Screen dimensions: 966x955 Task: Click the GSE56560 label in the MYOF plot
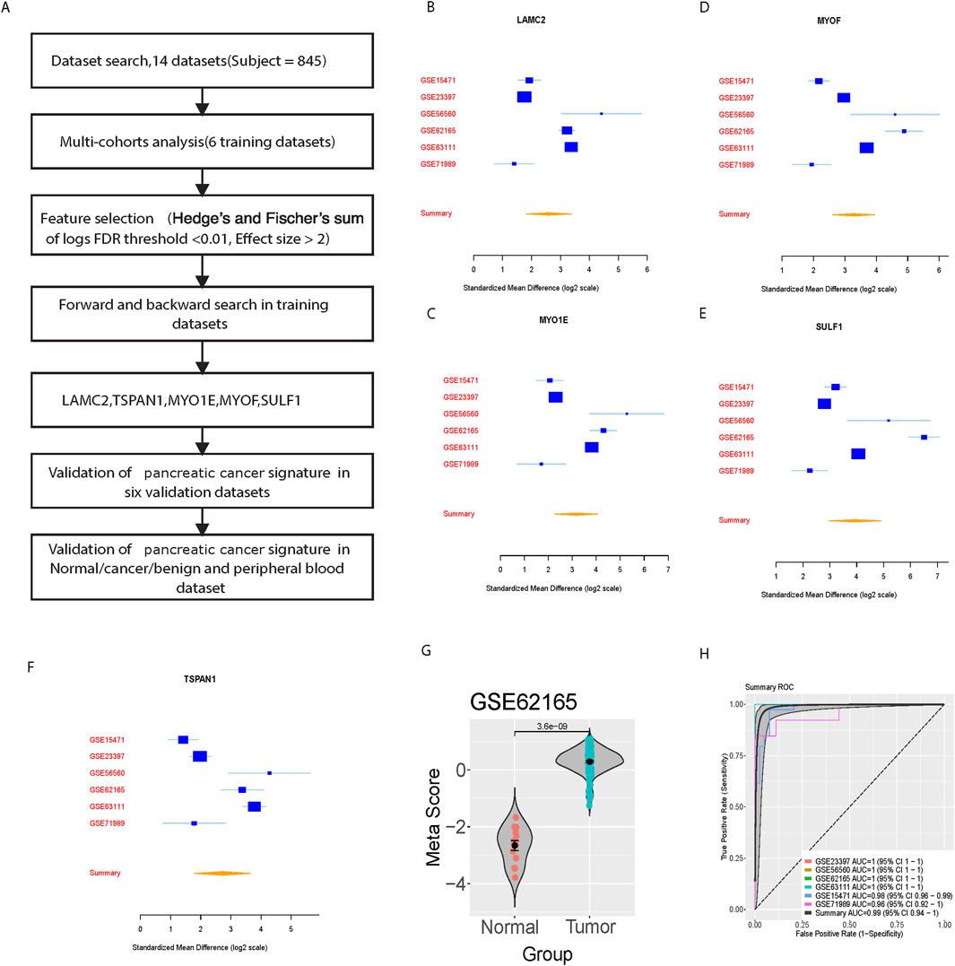[736, 114]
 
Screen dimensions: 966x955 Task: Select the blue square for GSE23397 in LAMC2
[525, 97]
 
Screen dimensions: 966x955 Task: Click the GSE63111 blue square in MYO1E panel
[592, 447]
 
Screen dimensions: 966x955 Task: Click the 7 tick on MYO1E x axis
[667, 569]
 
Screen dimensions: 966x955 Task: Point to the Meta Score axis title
[434, 821]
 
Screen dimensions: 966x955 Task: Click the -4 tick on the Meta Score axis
[462, 884]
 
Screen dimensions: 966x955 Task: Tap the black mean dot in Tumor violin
[589, 761]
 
